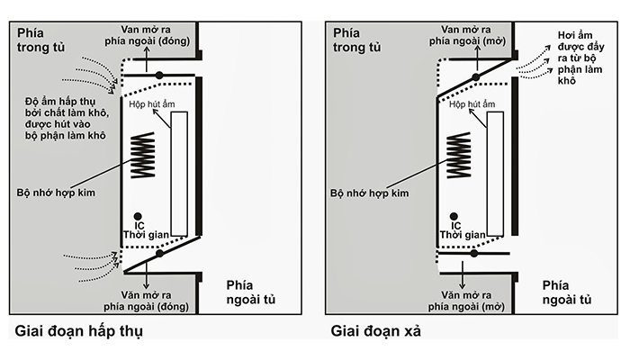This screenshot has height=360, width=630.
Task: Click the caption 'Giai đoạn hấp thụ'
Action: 79,332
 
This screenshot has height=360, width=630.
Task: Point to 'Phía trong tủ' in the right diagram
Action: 358,40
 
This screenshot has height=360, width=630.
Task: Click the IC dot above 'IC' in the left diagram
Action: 137,217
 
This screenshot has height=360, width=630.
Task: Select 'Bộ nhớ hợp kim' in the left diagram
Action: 56,191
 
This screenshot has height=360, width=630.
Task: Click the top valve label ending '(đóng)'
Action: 159,35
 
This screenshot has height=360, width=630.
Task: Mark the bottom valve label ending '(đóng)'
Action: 159,299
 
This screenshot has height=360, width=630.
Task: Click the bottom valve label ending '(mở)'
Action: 478,299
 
